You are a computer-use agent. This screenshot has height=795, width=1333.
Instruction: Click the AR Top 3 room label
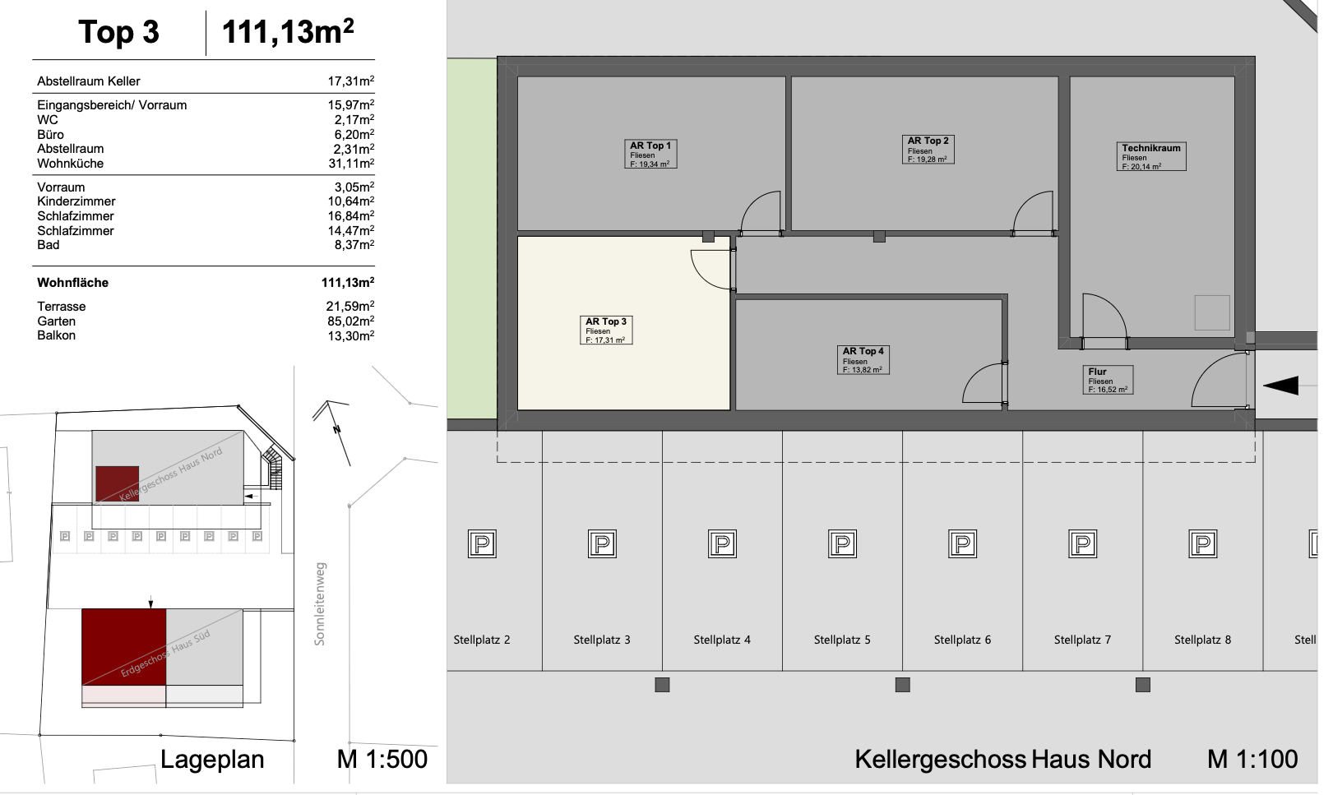(x=606, y=330)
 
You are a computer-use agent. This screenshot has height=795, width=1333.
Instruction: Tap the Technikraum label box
(x=1152, y=156)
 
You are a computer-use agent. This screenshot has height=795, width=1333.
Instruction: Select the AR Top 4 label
(x=863, y=359)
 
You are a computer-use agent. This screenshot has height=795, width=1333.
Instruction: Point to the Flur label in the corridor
(x=1108, y=380)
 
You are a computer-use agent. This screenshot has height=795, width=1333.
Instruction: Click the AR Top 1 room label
(x=650, y=154)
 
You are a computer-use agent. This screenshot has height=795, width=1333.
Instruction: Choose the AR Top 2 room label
(x=928, y=150)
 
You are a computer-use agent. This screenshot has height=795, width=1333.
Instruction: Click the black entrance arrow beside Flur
(x=1280, y=385)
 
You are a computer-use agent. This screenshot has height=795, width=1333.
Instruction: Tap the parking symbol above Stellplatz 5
(x=842, y=543)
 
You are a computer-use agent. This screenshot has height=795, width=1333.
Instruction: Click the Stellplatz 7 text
(x=1082, y=640)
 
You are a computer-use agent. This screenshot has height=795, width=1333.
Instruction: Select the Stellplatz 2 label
(x=482, y=640)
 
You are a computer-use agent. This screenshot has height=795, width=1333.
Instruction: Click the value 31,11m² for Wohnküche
(x=351, y=164)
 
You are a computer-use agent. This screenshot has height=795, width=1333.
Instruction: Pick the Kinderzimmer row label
(x=76, y=201)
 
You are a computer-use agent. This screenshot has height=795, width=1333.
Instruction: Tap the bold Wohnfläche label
(x=73, y=283)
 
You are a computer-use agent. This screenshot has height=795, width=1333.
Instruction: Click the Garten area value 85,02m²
(x=351, y=321)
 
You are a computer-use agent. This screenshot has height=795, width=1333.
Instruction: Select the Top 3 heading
(x=118, y=33)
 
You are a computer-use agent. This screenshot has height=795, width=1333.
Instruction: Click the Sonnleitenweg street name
(x=320, y=603)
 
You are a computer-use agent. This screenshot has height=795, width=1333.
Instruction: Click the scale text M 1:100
(x=1252, y=759)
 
